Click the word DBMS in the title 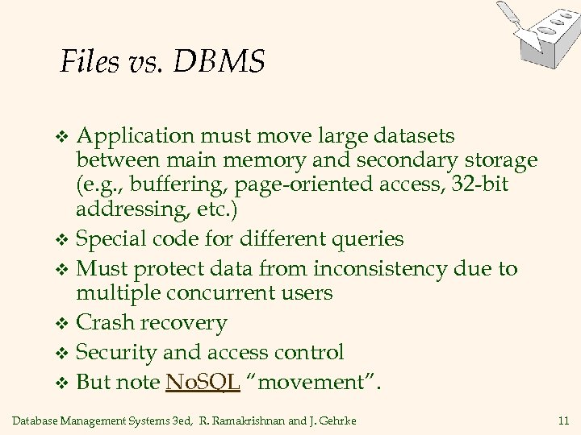217,62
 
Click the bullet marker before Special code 67,239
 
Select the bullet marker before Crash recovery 67,324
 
